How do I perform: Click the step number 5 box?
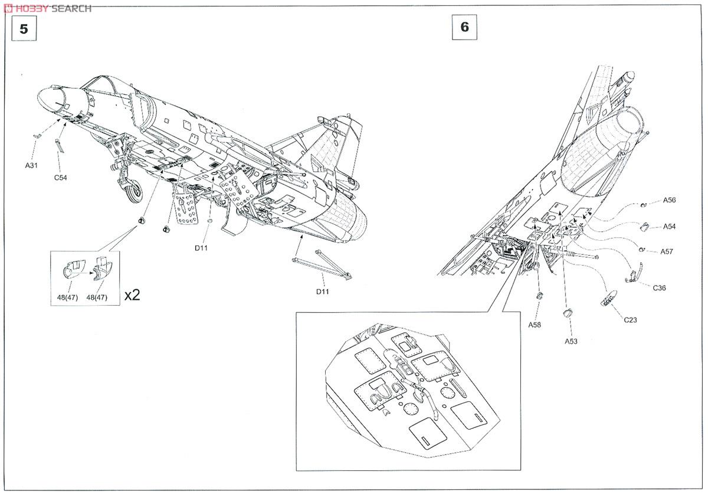point(24,29)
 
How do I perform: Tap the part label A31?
point(31,166)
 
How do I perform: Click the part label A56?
point(669,200)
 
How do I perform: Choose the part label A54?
point(669,227)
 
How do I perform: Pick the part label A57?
point(667,251)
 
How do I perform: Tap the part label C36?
point(660,287)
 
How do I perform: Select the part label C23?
point(630,320)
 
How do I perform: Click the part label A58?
point(535,325)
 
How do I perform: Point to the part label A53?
point(571,341)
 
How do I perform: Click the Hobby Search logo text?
point(47,8)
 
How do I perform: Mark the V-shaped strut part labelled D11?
point(322,263)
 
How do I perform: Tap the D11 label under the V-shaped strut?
point(322,292)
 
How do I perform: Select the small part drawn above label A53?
point(568,313)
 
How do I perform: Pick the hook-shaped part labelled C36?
point(634,273)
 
